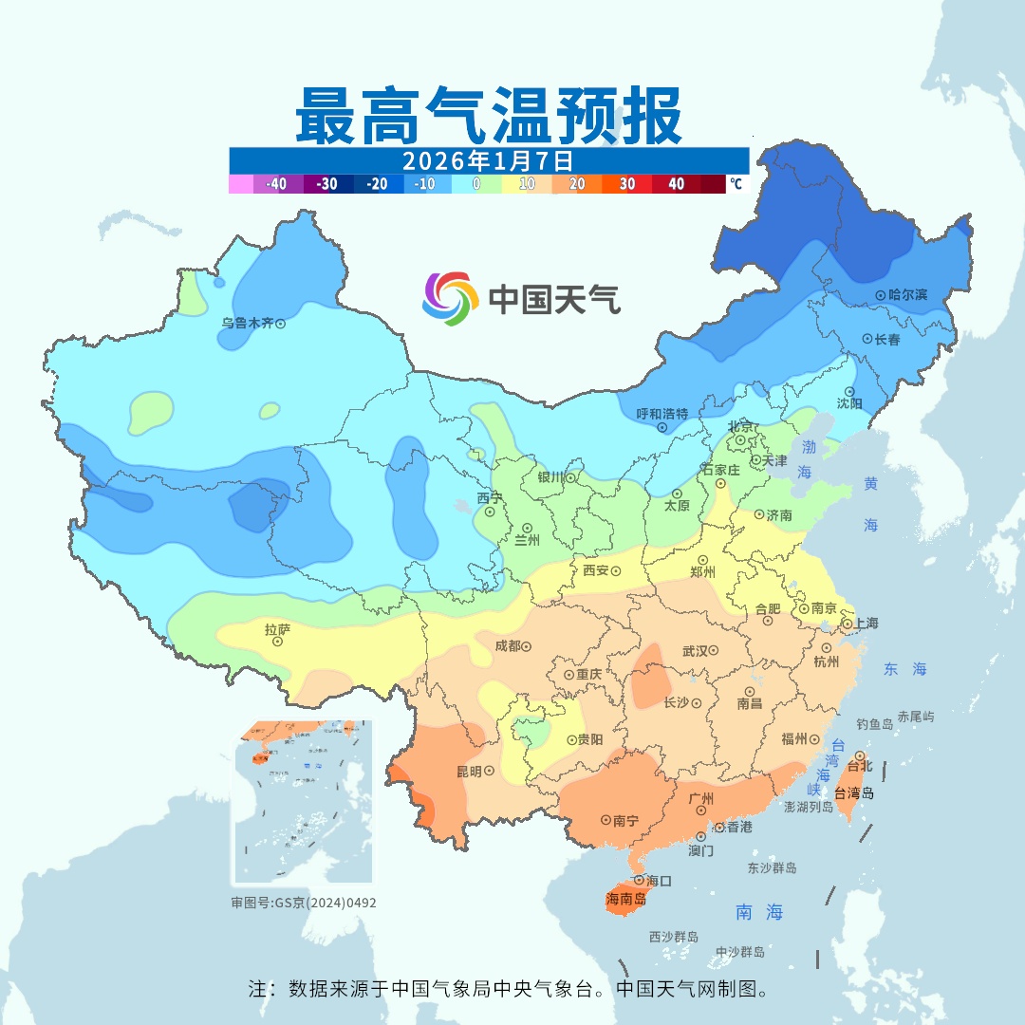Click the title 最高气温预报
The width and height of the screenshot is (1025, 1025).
pos(488,116)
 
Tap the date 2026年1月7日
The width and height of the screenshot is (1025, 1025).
pos(488,159)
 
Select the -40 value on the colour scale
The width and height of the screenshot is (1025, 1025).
pos(276,184)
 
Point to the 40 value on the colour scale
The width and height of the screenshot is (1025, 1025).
pos(676,184)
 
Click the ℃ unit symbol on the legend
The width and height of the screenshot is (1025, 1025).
pos(736,184)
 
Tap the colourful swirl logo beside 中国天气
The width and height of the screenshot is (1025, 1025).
pos(449,299)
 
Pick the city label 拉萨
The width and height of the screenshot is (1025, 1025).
pos(277,628)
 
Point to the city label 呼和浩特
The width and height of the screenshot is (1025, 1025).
pos(662,414)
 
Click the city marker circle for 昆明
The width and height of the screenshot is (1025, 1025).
pos(489,772)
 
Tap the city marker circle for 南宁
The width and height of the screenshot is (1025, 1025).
pos(606,820)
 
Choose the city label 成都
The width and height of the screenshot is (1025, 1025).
pos(508,645)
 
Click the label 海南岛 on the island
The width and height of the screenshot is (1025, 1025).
pos(627,899)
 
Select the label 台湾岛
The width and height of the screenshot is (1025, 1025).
pos(854,793)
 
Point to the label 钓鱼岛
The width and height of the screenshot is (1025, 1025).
pos(874,724)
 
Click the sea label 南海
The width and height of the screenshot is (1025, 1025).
pos(759,912)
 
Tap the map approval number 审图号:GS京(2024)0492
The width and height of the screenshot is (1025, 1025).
pos(304,903)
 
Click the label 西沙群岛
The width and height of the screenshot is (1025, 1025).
pos(674,937)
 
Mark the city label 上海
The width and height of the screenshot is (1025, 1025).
pos(866,623)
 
